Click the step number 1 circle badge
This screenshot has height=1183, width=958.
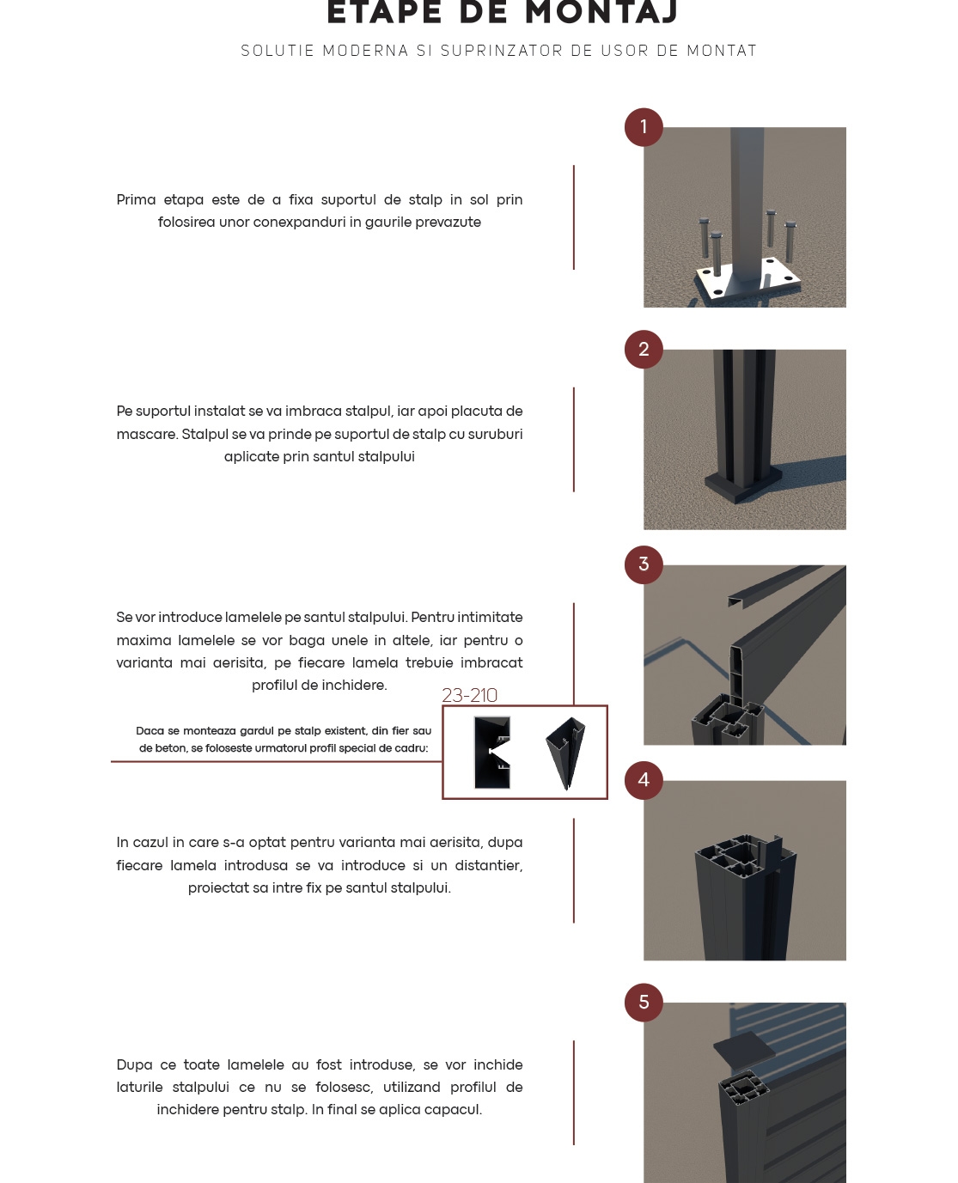point(644,127)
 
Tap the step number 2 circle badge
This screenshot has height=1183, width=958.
point(644,350)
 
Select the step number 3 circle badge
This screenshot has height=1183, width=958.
point(644,565)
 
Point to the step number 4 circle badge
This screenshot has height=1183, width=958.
point(644,780)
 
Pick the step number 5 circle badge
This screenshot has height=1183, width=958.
point(644,1003)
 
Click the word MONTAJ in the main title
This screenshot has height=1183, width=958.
point(601,13)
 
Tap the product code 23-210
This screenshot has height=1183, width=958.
point(469,695)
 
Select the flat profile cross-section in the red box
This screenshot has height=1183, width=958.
point(493,753)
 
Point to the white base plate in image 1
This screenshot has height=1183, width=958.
point(747,284)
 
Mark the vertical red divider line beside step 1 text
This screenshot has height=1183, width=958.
point(574,217)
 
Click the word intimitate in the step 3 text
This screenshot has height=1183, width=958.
point(490,618)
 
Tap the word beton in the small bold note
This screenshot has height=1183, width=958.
point(170,748)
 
